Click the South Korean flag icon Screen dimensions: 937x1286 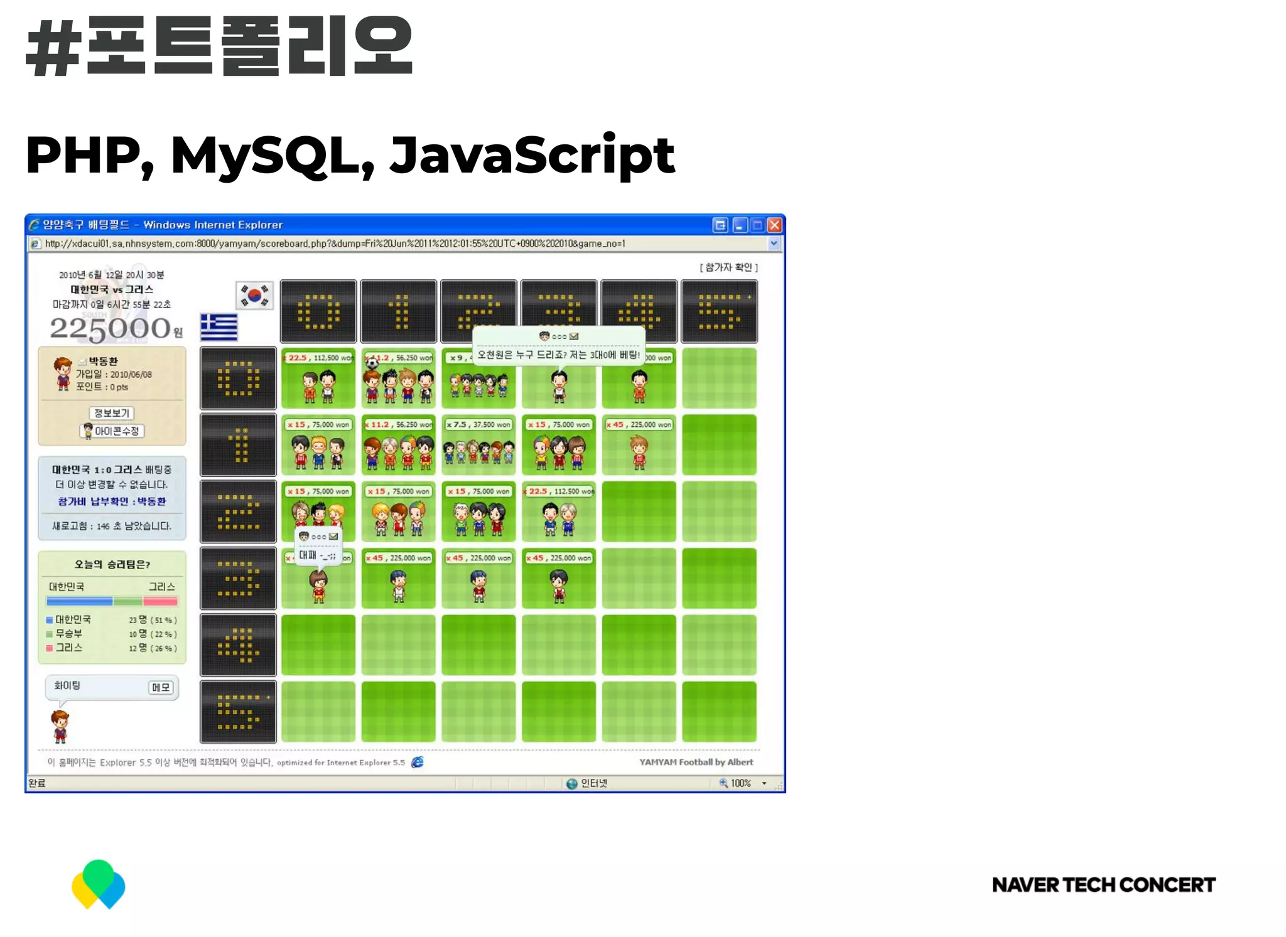tap(254, 294)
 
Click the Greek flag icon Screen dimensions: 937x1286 tap(219, 327)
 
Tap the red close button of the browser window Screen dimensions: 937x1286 tap(775, 225)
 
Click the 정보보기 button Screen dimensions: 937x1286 tap(112, 413)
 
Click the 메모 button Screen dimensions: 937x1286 tap(161, 687)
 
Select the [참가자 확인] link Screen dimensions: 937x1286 tap(728, 267)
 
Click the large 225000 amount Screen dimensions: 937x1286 tap(111, 328)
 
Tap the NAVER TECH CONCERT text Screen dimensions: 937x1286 tap(1103, 885)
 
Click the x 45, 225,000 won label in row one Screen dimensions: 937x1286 tap(639, 425)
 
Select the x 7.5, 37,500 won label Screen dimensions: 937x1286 tap(478, 425)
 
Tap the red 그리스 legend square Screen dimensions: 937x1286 tap(49, 648)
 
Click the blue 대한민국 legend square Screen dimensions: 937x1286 tap(49, 620)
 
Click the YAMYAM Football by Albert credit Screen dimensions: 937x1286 tap(696, 762)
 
